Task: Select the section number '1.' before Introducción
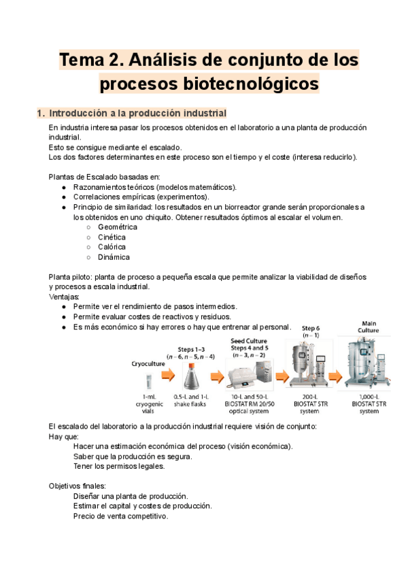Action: click(x=40, y=112)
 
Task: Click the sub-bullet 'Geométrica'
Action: click(x=118, y=227)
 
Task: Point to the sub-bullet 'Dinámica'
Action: click(x=114, y=257)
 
